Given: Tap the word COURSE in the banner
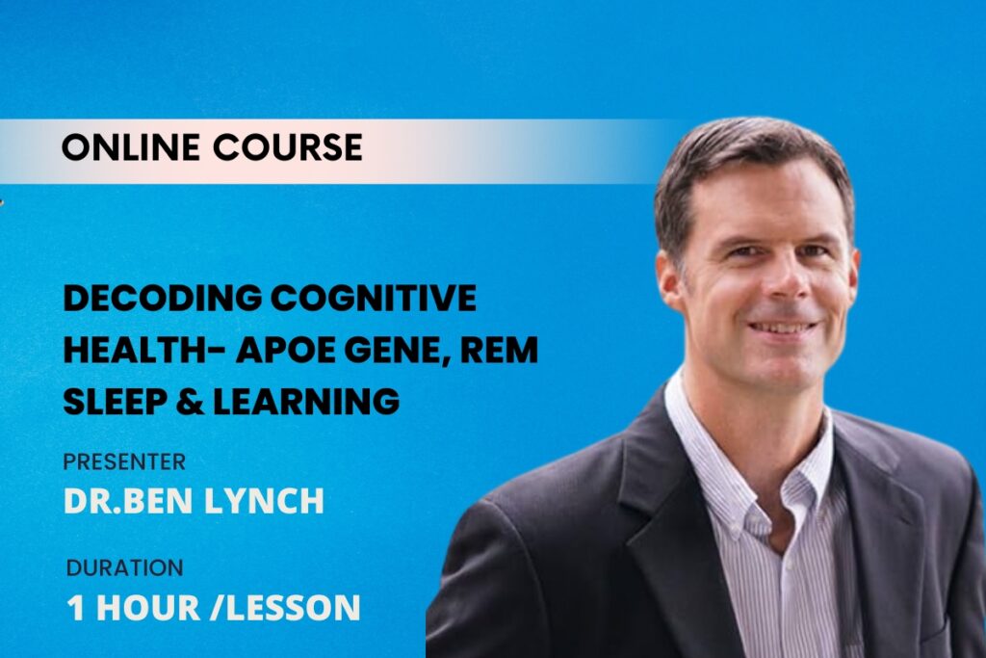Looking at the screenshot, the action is (x=287, y=147).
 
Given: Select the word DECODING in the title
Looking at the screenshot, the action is (x=163, y=298).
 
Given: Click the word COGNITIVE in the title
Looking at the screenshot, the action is (x=374, y=298).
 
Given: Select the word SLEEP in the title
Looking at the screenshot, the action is (x=116, y=402).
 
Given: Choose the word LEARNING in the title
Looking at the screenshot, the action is (x=306, y=402).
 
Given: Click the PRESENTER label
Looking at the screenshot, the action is (x=124, y=462).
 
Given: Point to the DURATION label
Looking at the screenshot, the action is (x=124, y=568).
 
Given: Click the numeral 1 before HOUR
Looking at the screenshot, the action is (x=75, y=608).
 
